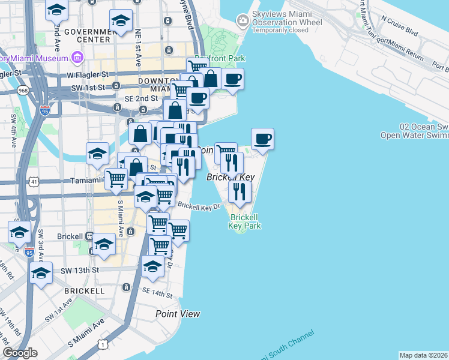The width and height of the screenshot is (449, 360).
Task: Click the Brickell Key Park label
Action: click(244, 221)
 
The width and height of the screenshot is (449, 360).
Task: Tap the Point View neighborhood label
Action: click(178, 314)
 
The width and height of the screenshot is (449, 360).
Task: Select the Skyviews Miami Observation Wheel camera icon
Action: click(243, 22)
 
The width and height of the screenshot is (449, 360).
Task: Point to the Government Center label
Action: click(88, 35)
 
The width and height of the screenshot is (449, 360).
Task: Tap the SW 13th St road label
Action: click(79, 271)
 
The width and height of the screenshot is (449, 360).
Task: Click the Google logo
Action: click(20, 353)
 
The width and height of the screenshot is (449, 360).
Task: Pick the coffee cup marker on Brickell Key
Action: click(262, 140)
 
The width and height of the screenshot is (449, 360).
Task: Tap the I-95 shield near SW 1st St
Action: click(44, 110)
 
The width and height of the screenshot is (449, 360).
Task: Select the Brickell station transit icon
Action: click(91, 236)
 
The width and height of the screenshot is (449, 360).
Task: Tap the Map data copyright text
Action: click(423, 355)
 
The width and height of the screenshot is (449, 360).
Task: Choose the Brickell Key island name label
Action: click(231, 178)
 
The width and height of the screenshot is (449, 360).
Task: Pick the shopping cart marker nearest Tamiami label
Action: click(116, 178)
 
